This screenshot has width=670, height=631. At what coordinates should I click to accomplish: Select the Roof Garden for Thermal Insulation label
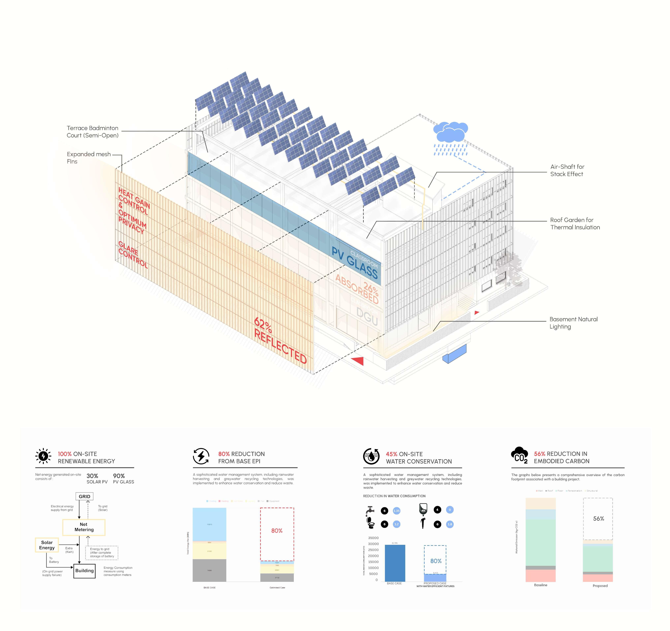575,223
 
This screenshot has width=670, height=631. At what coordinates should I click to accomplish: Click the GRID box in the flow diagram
84,496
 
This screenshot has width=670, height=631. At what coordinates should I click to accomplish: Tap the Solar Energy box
47,545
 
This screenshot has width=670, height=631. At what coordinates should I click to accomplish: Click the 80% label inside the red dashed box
277,531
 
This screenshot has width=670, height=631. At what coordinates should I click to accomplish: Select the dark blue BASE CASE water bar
395,563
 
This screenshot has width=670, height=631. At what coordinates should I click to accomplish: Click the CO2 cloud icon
519,455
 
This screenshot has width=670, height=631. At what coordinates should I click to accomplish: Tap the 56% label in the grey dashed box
598,518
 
